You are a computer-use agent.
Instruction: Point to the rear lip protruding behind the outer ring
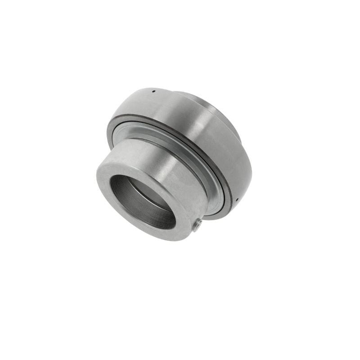(225, 112)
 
